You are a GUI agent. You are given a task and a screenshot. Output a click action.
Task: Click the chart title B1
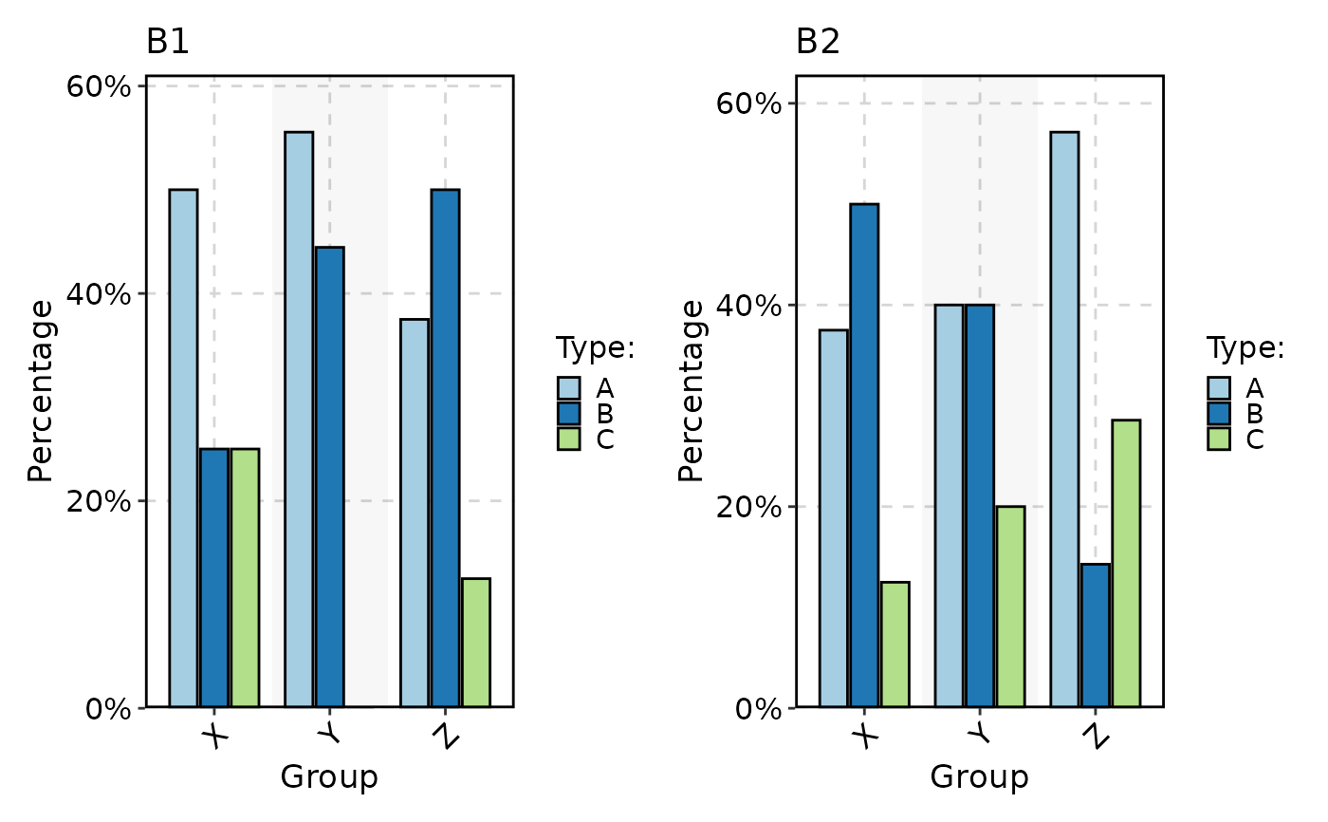pyautogui.click(x=168, y=43)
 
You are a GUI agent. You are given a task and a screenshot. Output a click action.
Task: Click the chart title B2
pyautogui.click(x=818, y=43)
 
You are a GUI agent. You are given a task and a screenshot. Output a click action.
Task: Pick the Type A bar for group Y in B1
pyautogui.click(x=299, y=419)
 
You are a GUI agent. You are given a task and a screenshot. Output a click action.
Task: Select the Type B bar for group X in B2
pyautogui.click(x=864, y=456)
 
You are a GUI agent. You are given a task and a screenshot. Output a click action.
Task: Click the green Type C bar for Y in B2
pyautogui.click(x=1010, y=607)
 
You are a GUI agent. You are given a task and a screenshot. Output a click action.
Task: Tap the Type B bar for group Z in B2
pyautogui.click(x=1096, y=635)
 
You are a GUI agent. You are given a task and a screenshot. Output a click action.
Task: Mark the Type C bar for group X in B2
pyautogui.click(x=895, y=645)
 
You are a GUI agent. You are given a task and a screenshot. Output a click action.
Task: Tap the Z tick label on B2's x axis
pyautogui.click(x=1095, y=736)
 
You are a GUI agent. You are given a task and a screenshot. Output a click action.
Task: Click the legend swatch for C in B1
pyautogui.click(x=568, y=439)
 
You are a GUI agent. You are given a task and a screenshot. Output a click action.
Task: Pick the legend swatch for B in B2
pyautogui.click(x=1219, y=414)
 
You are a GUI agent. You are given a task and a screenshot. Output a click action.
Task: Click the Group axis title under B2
pyautogui.click(x=979, y=778)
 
